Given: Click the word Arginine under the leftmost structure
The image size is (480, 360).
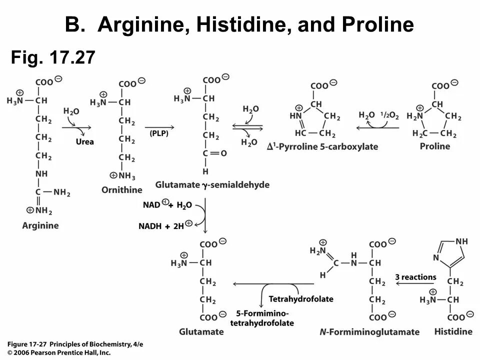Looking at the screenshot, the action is coord(40,225).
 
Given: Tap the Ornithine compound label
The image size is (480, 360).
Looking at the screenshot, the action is coord(121,190).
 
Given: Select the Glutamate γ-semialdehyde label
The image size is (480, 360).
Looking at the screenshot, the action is coord(212,185).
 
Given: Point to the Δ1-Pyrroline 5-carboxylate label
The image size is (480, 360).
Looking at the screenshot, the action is coord(322,146).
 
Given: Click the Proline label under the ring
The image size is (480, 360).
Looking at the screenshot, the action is coord(435,146).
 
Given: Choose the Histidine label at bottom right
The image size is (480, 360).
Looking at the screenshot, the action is coord(453,331).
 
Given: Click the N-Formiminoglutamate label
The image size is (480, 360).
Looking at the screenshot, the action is coord(369,332).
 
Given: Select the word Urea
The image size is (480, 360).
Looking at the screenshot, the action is coord(85,141).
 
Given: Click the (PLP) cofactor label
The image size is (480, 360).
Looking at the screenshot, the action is coord(159,133).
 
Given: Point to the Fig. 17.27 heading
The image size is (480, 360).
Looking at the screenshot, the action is coord(53,58).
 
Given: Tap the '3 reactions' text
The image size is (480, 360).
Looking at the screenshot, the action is coord(415,277).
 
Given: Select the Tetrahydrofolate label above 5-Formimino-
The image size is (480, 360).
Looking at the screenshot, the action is coord(301,299).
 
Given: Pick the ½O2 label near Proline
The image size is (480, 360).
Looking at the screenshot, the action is coord(389,115).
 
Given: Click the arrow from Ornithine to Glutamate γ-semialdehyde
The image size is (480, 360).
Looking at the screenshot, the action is coord(159,127).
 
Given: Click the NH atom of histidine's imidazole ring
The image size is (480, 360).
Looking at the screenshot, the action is coord(461,241).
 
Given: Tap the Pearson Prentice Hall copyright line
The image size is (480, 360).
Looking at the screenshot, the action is coord(59,352).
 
